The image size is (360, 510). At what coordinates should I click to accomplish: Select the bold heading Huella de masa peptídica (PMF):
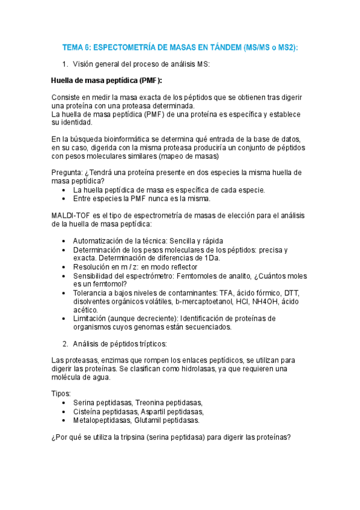pos(107,80)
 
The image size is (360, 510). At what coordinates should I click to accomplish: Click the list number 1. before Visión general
pos(66,64)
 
